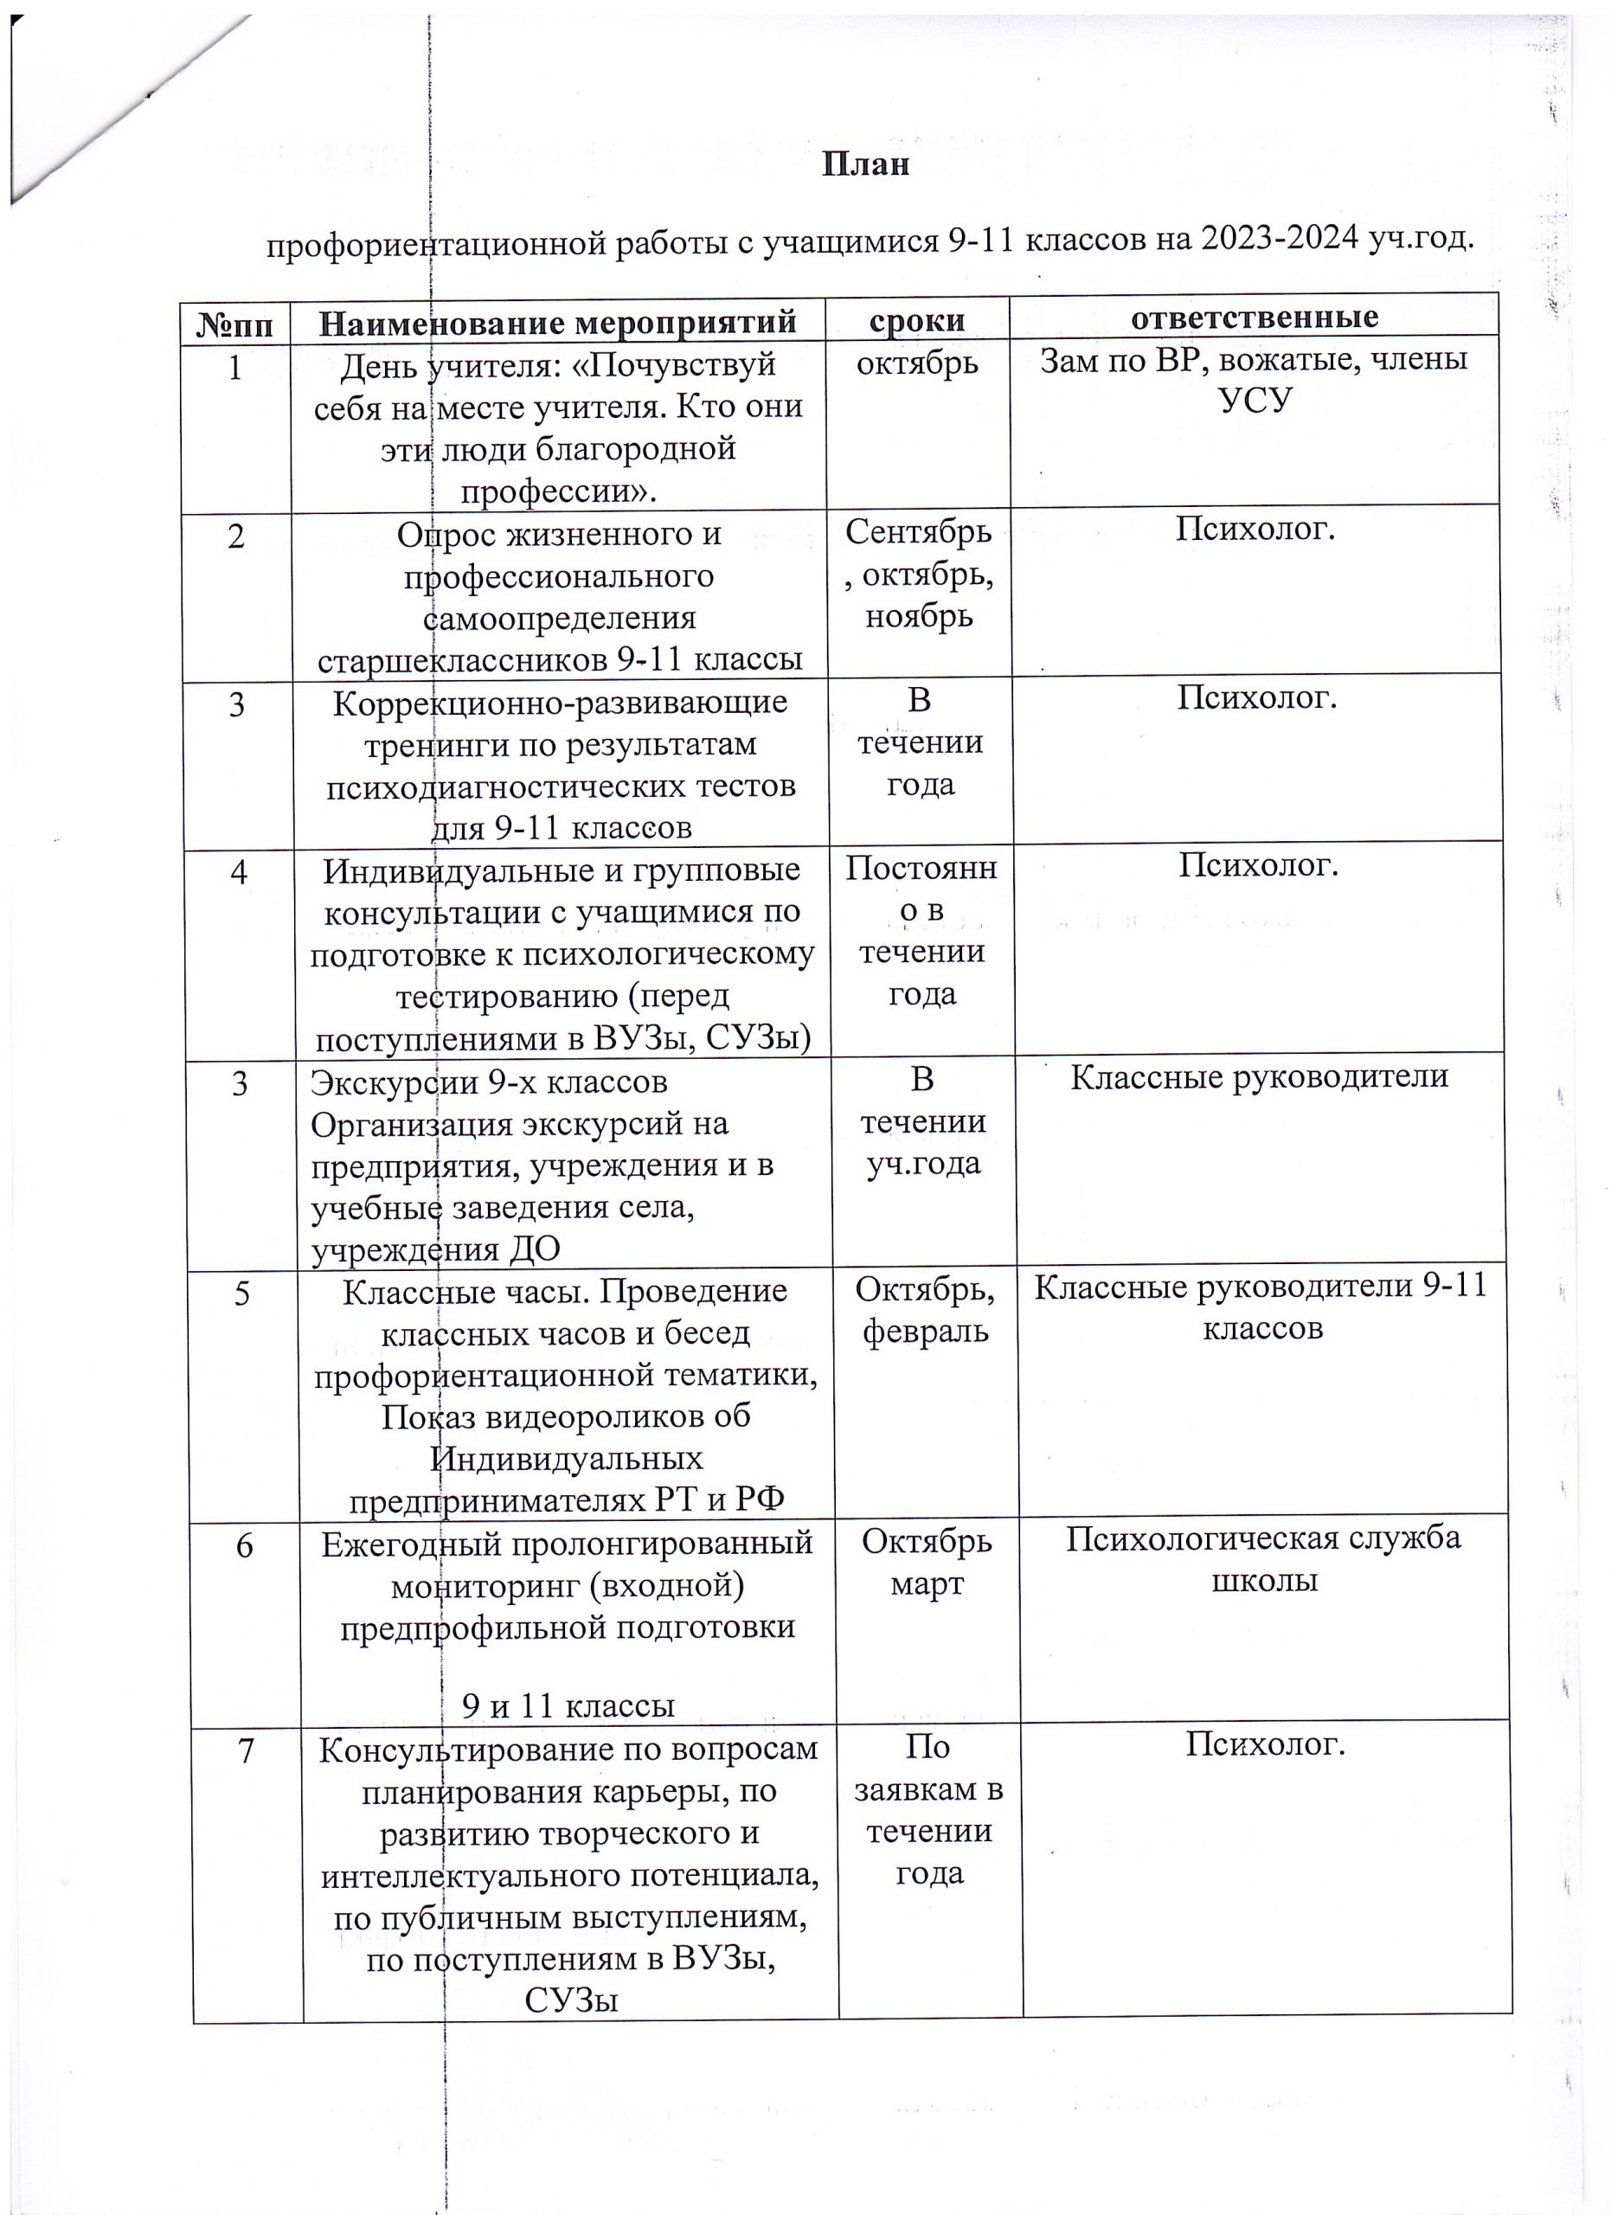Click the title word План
[x=865, y=164]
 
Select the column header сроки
[x=917, y=320]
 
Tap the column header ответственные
[x=1255, y=318]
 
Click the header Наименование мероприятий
[x=557, y=322]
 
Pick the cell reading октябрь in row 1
[x=917, y=363]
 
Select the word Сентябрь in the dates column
[x=919, y=533]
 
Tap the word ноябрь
[x=919, y=617]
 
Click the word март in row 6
[x=927, y=1584]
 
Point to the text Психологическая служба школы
[x=1263, y=1560]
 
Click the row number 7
[x=245, y=1752]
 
